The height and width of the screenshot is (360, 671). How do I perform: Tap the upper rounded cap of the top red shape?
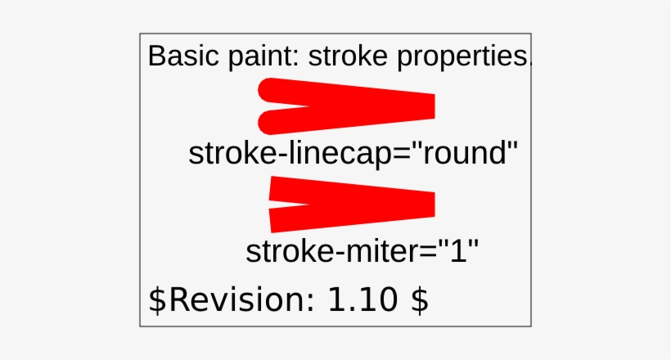[270, 90]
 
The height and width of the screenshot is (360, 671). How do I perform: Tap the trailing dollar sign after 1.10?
[419, 301]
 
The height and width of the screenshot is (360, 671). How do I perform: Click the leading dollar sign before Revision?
[156, 301]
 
